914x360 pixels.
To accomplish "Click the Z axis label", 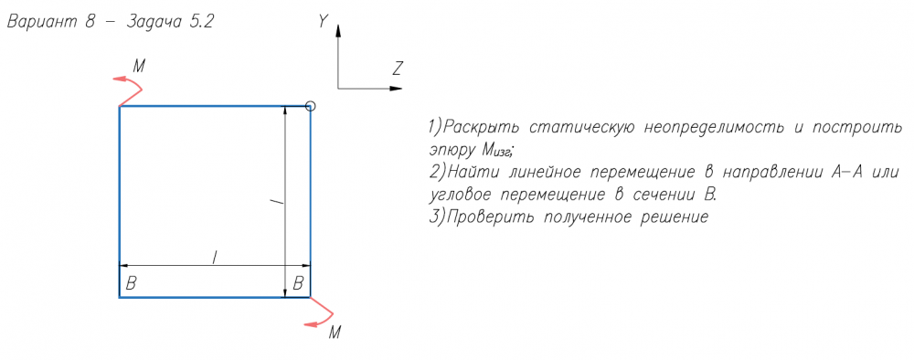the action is tap(399, 69).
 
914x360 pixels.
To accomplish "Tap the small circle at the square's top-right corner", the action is tap(310, 106).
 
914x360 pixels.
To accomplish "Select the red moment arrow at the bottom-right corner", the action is tap(321, 312).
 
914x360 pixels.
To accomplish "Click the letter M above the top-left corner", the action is tap(139, 67).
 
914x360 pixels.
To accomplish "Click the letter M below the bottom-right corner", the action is tap(335, 334).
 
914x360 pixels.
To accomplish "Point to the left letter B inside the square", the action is tap(131, 283).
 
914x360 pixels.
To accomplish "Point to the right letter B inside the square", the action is tap(298, 283).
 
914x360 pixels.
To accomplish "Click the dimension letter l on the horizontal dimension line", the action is tap(215, 257).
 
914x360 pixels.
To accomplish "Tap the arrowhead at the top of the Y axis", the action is tap(337, 29).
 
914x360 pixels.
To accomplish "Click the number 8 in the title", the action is tap(90, 22).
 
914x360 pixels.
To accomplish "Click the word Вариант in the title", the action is tap(41, 22).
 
